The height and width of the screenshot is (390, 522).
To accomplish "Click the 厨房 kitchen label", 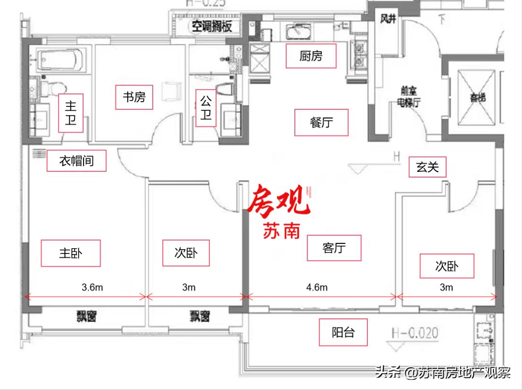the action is pos(310,56).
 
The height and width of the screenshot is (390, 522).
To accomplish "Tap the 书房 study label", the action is pos(133,97).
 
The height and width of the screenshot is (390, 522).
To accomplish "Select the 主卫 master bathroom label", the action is pos(71,113).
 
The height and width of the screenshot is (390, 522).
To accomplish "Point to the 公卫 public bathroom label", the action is pos(206,108).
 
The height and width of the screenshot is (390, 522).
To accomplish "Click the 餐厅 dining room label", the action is pos(321,122).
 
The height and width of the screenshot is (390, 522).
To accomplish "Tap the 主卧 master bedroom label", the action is pos(71,253).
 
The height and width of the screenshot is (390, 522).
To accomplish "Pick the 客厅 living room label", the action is pos(334,248).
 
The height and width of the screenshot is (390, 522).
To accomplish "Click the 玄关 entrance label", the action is pos(427,167).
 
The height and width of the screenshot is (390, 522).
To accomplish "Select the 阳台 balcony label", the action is pos(343,332).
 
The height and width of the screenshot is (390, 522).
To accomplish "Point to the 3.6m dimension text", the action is pos(92,287).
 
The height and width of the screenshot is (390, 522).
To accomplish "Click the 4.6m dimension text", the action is pos(317,287).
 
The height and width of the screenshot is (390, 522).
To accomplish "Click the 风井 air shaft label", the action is pos(388,19).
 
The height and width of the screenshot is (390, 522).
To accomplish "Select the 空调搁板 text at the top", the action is pos(212,26).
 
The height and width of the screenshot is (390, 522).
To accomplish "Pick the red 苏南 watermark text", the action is pos(282,231).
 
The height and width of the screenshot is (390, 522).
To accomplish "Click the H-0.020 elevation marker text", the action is pos(415,333).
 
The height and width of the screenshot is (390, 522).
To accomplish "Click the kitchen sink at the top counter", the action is pos(297,33).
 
